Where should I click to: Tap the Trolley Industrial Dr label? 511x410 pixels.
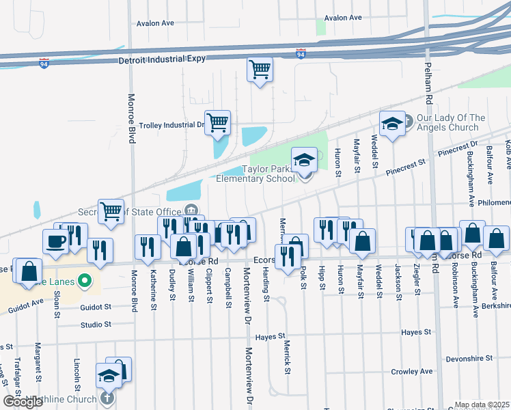tap(171, 126)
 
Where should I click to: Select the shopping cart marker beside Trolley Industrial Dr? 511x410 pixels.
tap(217, 123)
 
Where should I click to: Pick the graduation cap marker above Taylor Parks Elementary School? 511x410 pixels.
tap(305, 161)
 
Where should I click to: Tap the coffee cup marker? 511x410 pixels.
tap(55, 241)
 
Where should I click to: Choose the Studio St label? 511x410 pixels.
tap(95, 325)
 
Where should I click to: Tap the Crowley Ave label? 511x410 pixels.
tap(412, 372)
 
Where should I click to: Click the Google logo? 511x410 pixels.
tap(23, 402)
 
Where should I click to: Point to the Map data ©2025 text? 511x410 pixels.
tap(482, 405)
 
